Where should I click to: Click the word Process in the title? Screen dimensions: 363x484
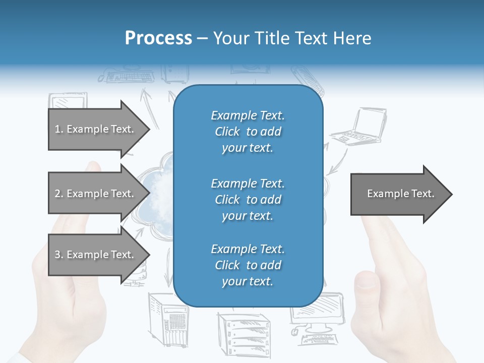pos(158,38)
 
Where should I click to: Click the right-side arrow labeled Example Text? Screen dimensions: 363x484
pos(401,194)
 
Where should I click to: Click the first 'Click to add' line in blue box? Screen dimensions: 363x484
pos(248,132)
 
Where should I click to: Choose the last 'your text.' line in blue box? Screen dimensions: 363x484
pos(248,281)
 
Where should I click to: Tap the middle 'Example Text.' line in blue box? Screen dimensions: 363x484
pos(248,183)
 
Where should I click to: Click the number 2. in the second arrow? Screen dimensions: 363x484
pos(58,194)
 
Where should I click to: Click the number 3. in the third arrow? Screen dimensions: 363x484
pos(58,255)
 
